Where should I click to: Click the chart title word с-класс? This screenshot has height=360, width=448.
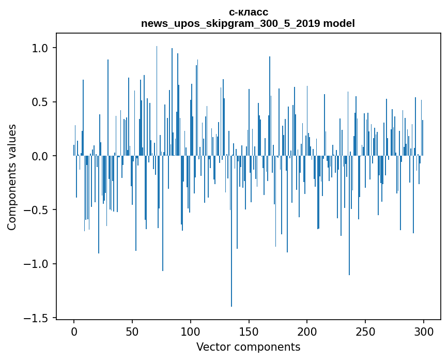click(x=248, y=12)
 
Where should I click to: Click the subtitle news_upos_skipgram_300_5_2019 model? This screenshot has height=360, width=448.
click(x=248, y=24)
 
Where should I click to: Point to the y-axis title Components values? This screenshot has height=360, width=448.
click(x=12, y=177)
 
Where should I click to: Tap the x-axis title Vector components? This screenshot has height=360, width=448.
click(x=248, y=347)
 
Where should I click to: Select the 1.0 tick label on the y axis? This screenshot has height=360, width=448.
click(x=40, y=48)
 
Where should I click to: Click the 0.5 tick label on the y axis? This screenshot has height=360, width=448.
click(x=40, y=102)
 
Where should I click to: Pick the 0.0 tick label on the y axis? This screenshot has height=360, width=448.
click(x=40, y=156)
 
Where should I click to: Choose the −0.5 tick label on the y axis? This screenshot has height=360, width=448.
click(x=36, y=210)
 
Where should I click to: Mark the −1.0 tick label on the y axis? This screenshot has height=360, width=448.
click(x=36, y=264)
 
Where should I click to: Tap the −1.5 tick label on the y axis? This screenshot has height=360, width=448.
click(x=36, y=318)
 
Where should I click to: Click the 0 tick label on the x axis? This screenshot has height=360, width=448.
click(x=74, y=331)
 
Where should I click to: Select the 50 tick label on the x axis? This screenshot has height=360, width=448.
click(x=132, y=331)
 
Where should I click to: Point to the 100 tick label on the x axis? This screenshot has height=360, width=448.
click(x=191, y=331)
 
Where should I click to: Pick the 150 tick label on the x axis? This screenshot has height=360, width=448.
click(x=249, y=331)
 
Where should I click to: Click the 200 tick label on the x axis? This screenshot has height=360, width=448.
click(x=307, y=331)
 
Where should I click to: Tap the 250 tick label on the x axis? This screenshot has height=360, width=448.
click(x=365, y=331)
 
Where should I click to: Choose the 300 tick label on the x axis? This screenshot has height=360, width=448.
click(x=424, y=331)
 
